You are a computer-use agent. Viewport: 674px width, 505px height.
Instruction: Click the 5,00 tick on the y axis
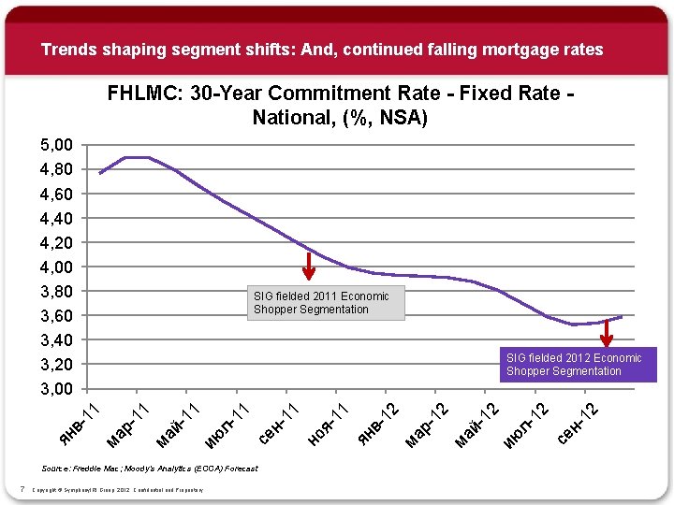click(x=55, y=145)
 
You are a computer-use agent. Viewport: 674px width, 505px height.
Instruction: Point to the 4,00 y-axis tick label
click(x=55, y=267)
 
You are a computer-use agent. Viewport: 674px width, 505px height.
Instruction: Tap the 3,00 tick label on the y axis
click(x=55, y=388)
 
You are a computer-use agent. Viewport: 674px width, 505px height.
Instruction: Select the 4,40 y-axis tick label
click(x=55, y=218)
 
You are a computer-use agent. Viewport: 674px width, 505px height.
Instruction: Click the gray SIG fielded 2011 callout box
click(x=326, y=303)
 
